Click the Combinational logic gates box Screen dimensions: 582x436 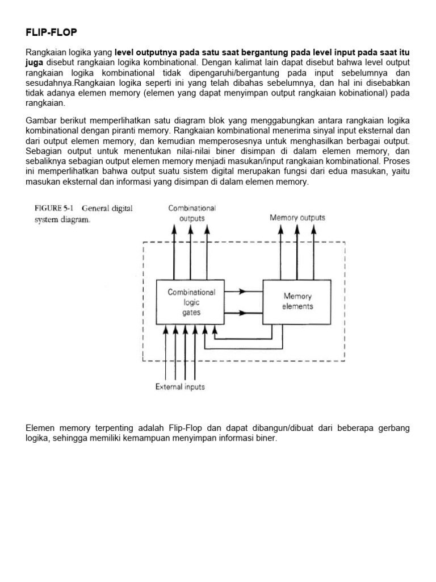(x=191, y=302)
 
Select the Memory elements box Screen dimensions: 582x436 (x=297, y=301)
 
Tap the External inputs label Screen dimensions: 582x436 (x=180, y=387)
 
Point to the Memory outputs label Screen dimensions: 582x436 (x=297, y=218)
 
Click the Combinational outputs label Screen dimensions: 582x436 (x=192, y=213)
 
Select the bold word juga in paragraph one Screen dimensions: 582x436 (x=35, y=62)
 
